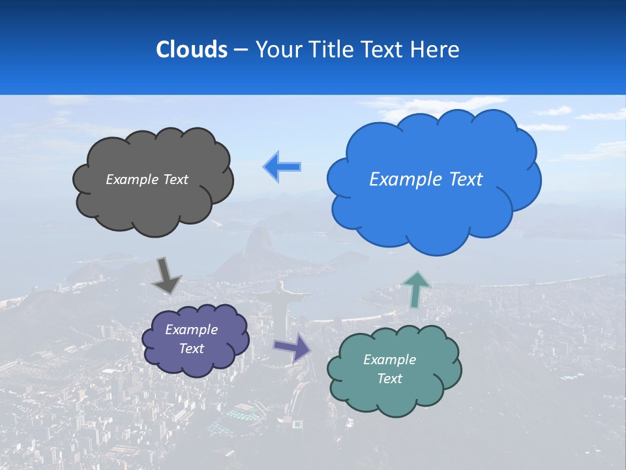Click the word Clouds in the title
191,50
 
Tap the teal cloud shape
394,398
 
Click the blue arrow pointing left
282,167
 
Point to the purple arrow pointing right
292,347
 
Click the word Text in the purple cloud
191,349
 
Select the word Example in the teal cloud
389,360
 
